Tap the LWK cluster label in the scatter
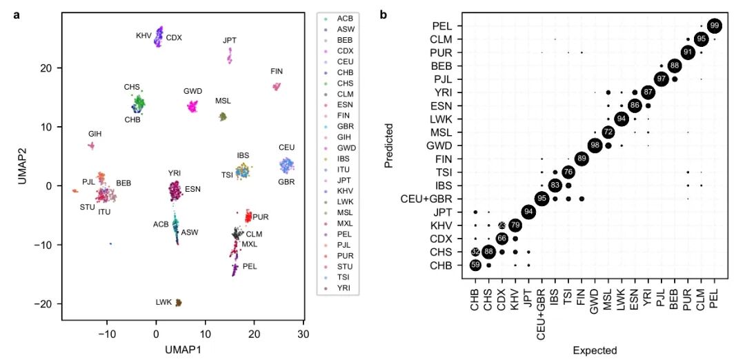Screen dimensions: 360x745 pyautogui.click(x=163, y=302)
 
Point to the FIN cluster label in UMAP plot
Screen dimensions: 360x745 pyautogui.click(x=277, y=72)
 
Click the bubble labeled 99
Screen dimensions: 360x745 pyautogui.click(x=715, y=26)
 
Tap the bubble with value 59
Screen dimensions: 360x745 pyautogui.click(x=475, y=265)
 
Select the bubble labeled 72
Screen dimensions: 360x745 pyautogui.click(x=608, y=132)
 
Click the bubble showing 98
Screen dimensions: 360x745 pyautogui.click(x=595, y=145)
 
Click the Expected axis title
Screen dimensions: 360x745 pyautogui.click(x=595, y=350)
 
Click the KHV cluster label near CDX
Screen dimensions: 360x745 pyautogui.click(x=143, y=35)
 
